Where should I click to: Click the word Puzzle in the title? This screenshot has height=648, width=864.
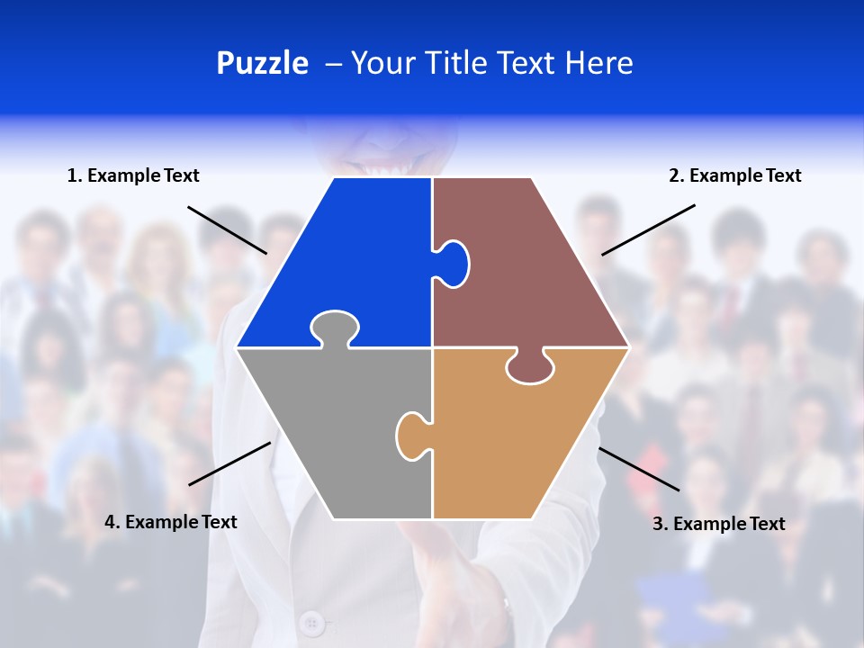click(262, 63)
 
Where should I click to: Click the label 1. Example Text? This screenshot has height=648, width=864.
click(133, 175)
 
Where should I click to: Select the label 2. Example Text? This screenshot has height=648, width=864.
click(734, 175)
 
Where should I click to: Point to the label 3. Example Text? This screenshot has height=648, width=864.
click(718, 524)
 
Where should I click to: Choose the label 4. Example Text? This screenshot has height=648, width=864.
click(171, 522)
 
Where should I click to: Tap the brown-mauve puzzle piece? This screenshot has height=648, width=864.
click(531, 270)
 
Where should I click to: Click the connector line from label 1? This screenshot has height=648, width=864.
click(227, 229)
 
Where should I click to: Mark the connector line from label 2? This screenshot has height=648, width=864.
click(648, 229)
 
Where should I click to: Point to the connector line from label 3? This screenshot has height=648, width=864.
click(639, 469)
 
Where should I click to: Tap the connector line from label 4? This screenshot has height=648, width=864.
click(229, 463)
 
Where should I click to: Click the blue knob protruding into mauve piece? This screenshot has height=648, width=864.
click(453, 262)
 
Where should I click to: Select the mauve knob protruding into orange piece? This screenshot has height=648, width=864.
click(529, 366)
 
